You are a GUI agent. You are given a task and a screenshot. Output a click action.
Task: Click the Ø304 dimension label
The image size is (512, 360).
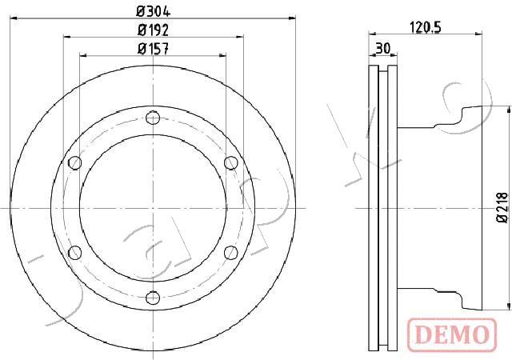(x=153, y=12)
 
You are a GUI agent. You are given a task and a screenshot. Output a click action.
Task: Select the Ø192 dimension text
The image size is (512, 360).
(x=153, y=30)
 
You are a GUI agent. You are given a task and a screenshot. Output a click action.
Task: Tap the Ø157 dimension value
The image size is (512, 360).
(x=153, y=49)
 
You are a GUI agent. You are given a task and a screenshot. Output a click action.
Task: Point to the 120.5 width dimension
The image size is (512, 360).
(x=425, y=27)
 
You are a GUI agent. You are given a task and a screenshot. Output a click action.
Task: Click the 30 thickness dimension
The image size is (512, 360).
(x=382, y=49)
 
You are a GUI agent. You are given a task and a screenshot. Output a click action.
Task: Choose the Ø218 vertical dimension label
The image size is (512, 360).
(x=503, y=208)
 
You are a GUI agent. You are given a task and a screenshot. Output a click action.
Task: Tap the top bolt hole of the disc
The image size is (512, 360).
(x=153, y=118)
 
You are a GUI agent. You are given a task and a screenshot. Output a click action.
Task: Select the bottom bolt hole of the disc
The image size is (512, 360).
(x=153, y=298)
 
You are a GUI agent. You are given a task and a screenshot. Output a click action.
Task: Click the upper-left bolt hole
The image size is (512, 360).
(x=75, y=162)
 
